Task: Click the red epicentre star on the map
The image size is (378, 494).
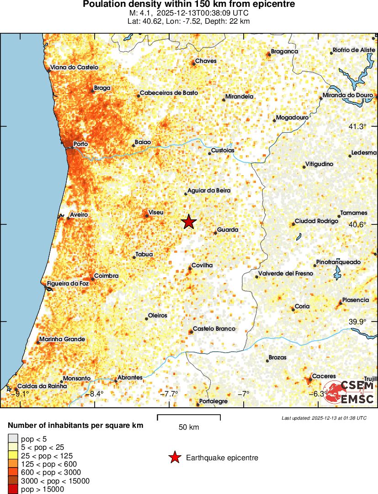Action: (x=189, y=222)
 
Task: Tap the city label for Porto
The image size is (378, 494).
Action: (x=80, y=144)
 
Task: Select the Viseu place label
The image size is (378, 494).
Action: (x=156, y=212)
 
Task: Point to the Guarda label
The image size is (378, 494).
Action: (x=228, y=230)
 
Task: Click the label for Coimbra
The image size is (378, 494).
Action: (x=106, y=276)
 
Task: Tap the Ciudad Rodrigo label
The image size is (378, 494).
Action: (x=316, y=221)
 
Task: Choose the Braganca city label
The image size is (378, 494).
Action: (x=284, y=52)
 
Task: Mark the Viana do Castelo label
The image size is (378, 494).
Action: (x=74, y=68)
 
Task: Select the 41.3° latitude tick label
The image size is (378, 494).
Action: (x=358, y=127)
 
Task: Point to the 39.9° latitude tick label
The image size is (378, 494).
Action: (x=358, y=322)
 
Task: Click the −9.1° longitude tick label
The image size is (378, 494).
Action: (x=21, y=394)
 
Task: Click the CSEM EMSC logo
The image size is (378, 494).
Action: (x=349, y=393)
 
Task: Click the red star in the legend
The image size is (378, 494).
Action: (x=174, y=458)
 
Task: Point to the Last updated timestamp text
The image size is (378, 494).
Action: (x=324, y=417)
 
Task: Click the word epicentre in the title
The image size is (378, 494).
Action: (x=272, y=4)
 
